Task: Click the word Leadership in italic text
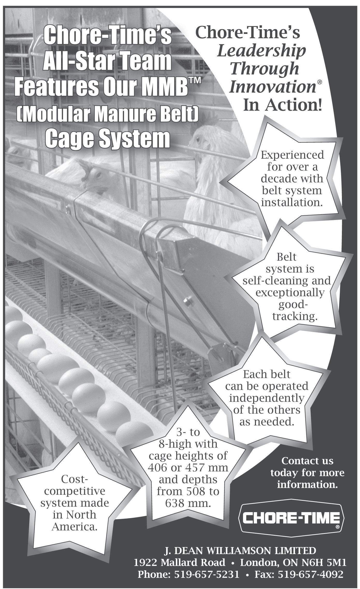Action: (x=261, y=51)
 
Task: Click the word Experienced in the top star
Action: (x=292, y=155)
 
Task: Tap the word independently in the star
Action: (x=266, y=398)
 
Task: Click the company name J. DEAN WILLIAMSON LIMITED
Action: (x=240, y=551)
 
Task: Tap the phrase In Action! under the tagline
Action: (x=283, y=105)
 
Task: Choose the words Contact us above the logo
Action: (x=307, y=461)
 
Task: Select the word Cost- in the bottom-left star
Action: (x=75, y=479)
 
